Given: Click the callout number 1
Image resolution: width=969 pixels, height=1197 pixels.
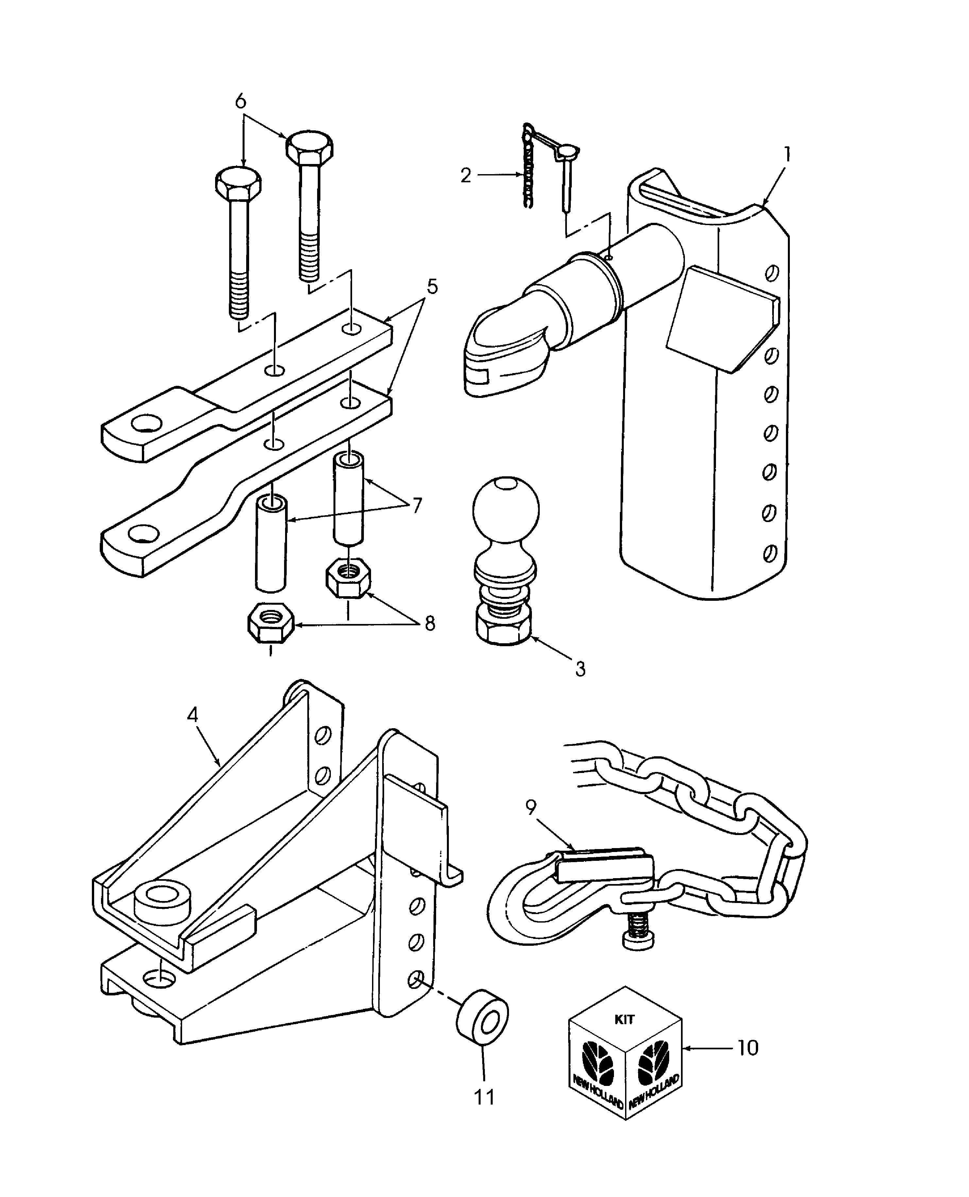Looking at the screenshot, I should click(787, 154).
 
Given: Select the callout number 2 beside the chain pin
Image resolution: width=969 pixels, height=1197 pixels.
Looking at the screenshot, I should click(466, 176).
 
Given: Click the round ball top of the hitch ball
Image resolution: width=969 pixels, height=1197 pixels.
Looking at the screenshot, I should click(506, 509).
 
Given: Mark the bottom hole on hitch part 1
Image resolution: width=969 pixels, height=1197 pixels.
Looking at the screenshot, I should click(769, 554).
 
